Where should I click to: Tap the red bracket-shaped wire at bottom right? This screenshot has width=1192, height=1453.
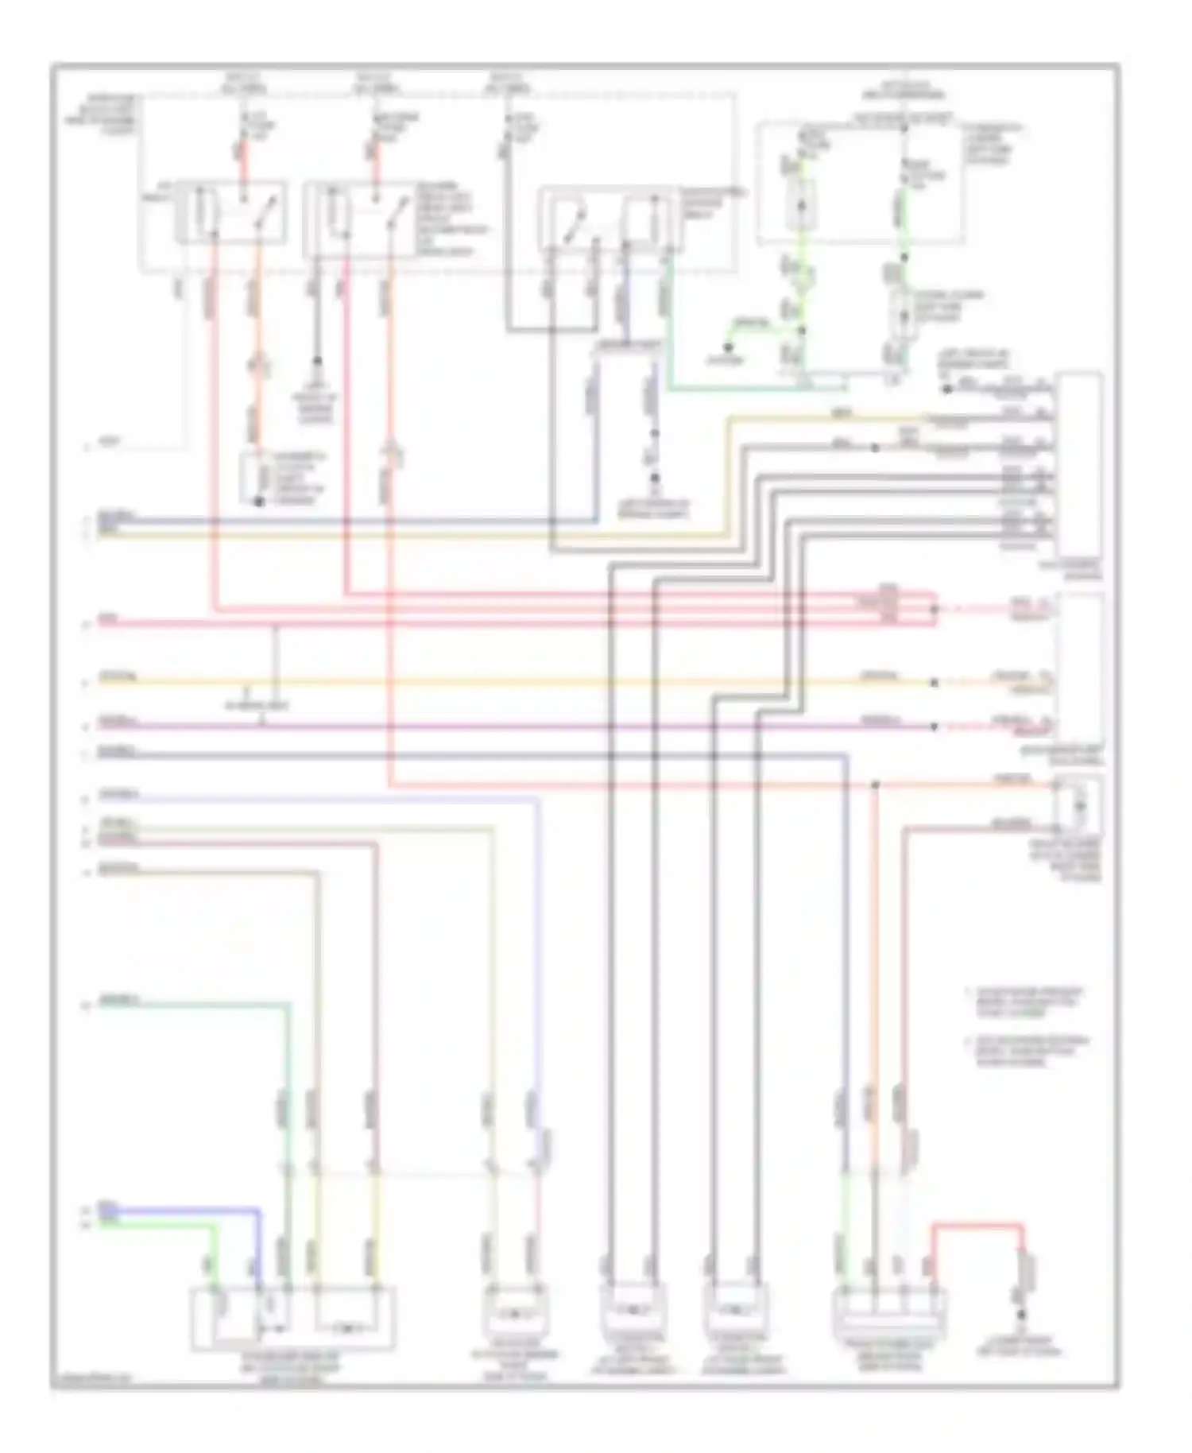coord(977,1225)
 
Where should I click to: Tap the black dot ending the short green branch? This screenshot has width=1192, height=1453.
coord(727,347)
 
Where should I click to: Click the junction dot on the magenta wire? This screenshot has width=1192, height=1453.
coord(933,726)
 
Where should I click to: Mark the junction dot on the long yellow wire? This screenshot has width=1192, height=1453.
coord(933,682)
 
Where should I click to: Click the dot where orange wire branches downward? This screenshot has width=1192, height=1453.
coord(874,785)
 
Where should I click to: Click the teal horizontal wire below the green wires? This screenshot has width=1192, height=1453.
coord(755,389)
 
